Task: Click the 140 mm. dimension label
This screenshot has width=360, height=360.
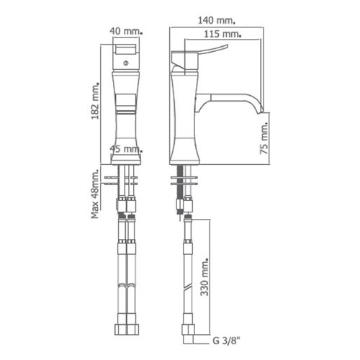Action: pos(216,20)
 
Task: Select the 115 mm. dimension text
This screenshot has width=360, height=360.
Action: pos(222,34)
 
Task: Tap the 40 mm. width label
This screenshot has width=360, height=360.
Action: pos(126,31)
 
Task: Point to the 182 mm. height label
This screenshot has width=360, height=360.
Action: pos(95,101)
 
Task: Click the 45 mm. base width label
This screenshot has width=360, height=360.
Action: pos(126,149)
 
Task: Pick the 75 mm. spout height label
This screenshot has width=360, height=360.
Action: pos(264,138)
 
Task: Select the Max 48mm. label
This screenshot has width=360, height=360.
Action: pos(95,194)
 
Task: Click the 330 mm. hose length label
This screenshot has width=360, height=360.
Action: pos(204,277)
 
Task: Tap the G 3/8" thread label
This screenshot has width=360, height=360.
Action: pos(226,341)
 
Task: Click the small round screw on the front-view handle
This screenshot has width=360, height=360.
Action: pos(126,63)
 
